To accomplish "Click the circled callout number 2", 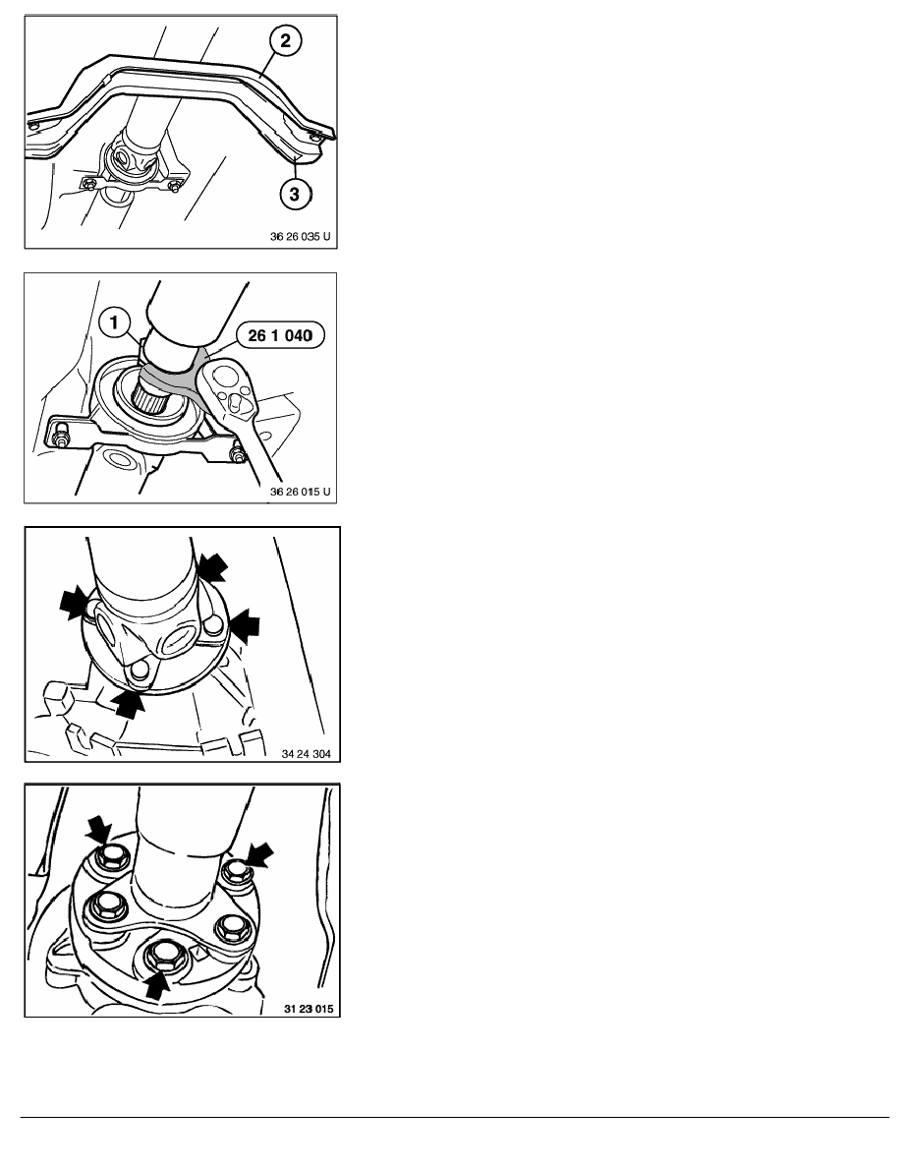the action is (286, 40).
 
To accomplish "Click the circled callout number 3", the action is (295, 194).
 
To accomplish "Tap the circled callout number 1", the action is (114, 323).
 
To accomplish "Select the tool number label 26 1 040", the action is (280, 336).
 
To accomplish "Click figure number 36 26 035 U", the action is (300, 237).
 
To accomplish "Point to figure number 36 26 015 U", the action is (300, 492).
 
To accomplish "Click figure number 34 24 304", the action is (306, 754).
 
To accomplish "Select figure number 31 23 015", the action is (309, 1009).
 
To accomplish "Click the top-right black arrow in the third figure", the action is (212, 566).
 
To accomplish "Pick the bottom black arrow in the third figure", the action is (129, 702).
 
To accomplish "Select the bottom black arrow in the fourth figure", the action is (156, 985).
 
